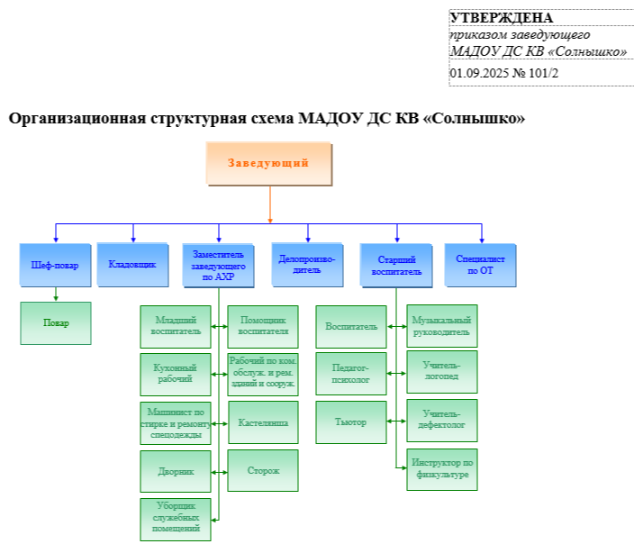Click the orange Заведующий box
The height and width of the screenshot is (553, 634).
pos(268,164)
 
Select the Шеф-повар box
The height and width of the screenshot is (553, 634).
pos(56,265)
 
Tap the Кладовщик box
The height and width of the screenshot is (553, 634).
pos(132,265)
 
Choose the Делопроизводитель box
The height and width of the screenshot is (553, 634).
pos(307,264)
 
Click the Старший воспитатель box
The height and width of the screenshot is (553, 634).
pos(396,265)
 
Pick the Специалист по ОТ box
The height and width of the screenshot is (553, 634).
pos(480,265)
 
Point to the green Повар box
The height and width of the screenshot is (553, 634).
pos(56,322)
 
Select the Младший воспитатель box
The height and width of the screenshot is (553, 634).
pos(176,326)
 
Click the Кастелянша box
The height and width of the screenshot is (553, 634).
pos(262,422)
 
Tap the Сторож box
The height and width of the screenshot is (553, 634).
pos(262,470)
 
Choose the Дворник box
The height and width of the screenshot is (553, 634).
pos(176,470)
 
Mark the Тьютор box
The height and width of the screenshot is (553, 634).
pos(350,422)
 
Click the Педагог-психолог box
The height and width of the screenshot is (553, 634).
pos(350,374)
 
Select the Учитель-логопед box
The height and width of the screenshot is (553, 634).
pos(441,371)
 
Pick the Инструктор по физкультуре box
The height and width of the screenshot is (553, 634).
pos(441,469)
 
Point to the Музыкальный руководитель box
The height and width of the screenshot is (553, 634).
pos(441,326)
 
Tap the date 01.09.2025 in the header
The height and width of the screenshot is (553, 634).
pos(479,73)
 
